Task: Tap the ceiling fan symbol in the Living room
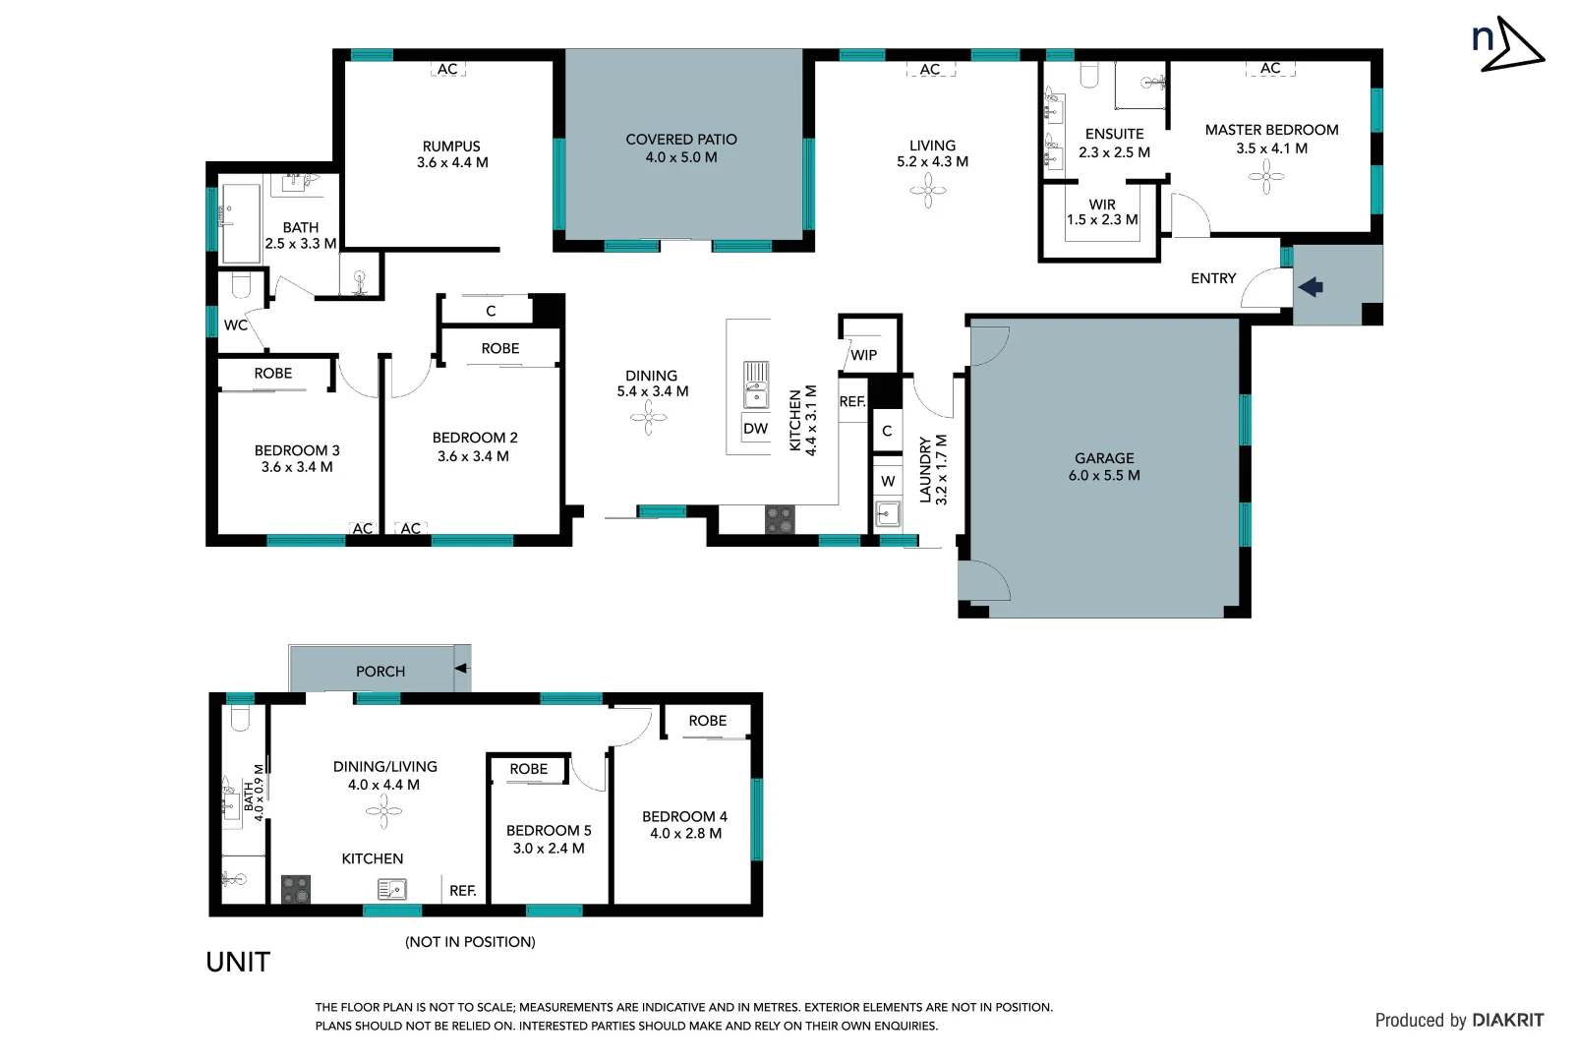[x=927, y=191]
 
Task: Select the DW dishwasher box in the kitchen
[x=755, y=429]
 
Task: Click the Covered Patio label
[x=680, y=140]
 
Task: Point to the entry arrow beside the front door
[x=1311, y=287]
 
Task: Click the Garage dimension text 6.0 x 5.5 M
[x=1104, y=476]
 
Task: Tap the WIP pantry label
[x=863, y=355]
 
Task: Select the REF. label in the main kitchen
[x=852, y=402]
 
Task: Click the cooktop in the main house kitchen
[x=780, y=519]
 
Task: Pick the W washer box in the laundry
[x=888, y=481]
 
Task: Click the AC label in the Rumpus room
[x=447, y=69]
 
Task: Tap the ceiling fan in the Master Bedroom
[x=1265, y=177]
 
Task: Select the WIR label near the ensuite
[x=1102, y=205]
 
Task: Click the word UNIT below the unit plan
[x=238, y=962]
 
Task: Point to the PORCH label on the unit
[x=380, y=672]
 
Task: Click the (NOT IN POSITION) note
[x=470, y=942]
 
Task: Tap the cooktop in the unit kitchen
[x=296, y=889]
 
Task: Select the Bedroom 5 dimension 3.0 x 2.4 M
[x=549, y=849]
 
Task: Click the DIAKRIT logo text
[x=1508, y=1021]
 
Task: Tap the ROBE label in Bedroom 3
[x=273, y=374]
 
